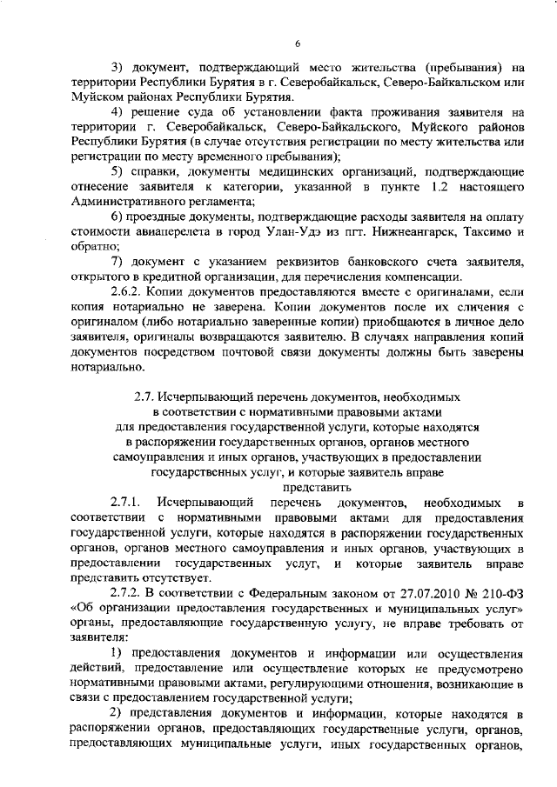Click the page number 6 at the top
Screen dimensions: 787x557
coord(296,43)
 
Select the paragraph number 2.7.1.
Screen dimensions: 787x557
coord(130,504)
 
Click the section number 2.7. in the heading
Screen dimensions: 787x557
coord(144,395)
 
